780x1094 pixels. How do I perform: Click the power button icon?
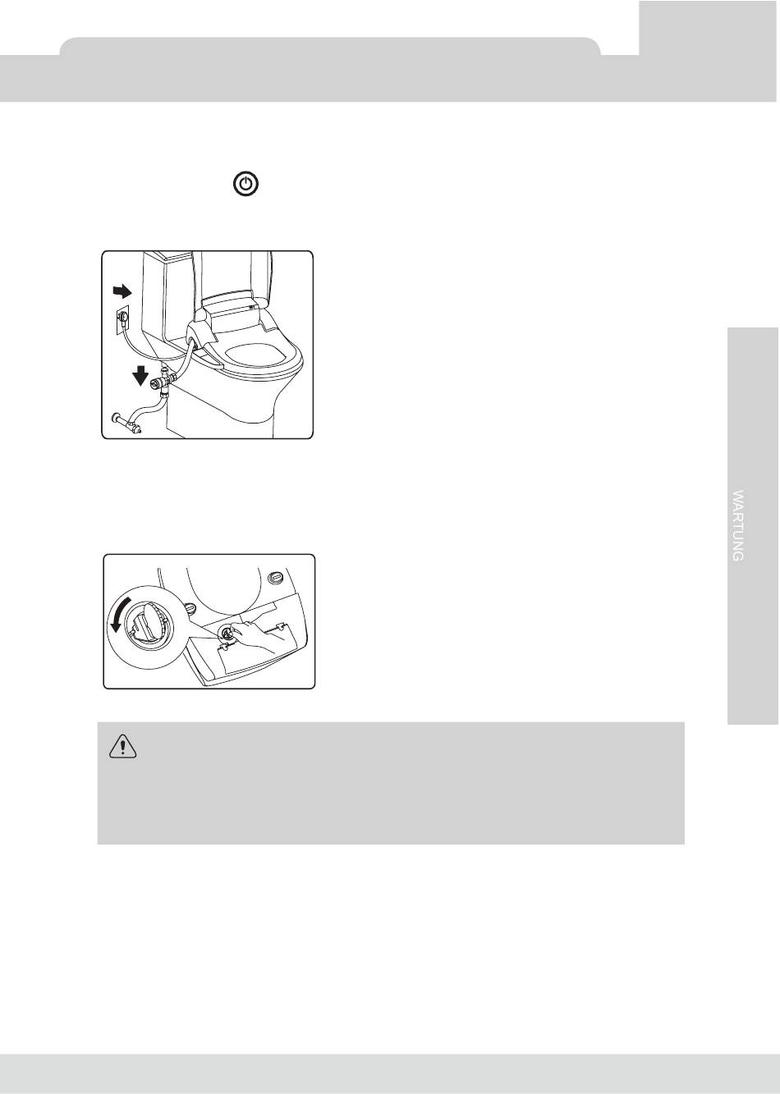(245, 184)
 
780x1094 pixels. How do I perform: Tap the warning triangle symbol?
(122, 746)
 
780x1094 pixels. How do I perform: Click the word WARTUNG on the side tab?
(738, 525)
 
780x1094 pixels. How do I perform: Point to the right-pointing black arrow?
(122, 291)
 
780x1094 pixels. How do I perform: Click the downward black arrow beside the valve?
(140, 376)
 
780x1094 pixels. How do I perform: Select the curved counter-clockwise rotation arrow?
(114, 613)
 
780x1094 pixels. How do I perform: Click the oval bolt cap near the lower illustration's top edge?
(276, 577)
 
